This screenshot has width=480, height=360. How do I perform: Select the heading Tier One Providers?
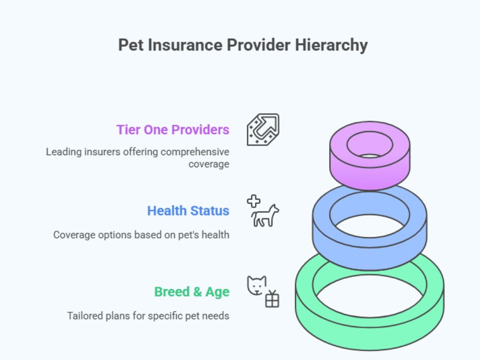[173, 129]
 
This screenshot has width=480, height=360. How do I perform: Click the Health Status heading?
[188, 210]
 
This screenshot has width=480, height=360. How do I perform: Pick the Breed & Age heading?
[192, 292]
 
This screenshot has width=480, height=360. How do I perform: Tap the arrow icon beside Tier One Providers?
[263, 129]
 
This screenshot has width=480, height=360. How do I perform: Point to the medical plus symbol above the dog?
[254, 201]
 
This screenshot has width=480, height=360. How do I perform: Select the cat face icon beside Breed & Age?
[256, 285]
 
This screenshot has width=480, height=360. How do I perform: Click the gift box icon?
[272, 299]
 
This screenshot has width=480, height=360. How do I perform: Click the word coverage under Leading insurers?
[209, 164]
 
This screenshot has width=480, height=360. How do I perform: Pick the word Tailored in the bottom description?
[83, 315]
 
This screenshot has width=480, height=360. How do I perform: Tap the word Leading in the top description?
[61, 152]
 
